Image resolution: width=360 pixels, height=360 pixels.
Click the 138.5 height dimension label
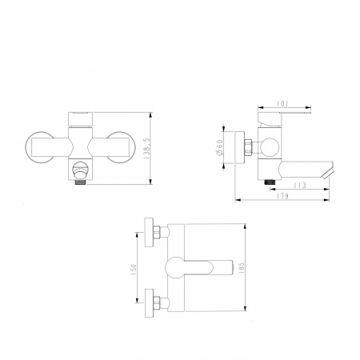click(146, 149)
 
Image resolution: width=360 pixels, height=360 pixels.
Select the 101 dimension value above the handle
click(282, 103)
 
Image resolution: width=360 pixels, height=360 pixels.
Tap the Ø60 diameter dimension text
click(220, 147)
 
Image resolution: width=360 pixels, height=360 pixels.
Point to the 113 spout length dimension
click(300, 185)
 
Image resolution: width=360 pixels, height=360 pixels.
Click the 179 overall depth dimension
click(282, 196)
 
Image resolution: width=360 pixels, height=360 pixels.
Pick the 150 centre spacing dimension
click(134, 270)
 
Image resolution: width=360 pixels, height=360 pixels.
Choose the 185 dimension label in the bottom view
click(242, 267)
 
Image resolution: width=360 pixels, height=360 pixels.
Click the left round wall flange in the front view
click(39, 147)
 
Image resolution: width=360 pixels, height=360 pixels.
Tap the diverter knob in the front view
click(79, 170)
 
